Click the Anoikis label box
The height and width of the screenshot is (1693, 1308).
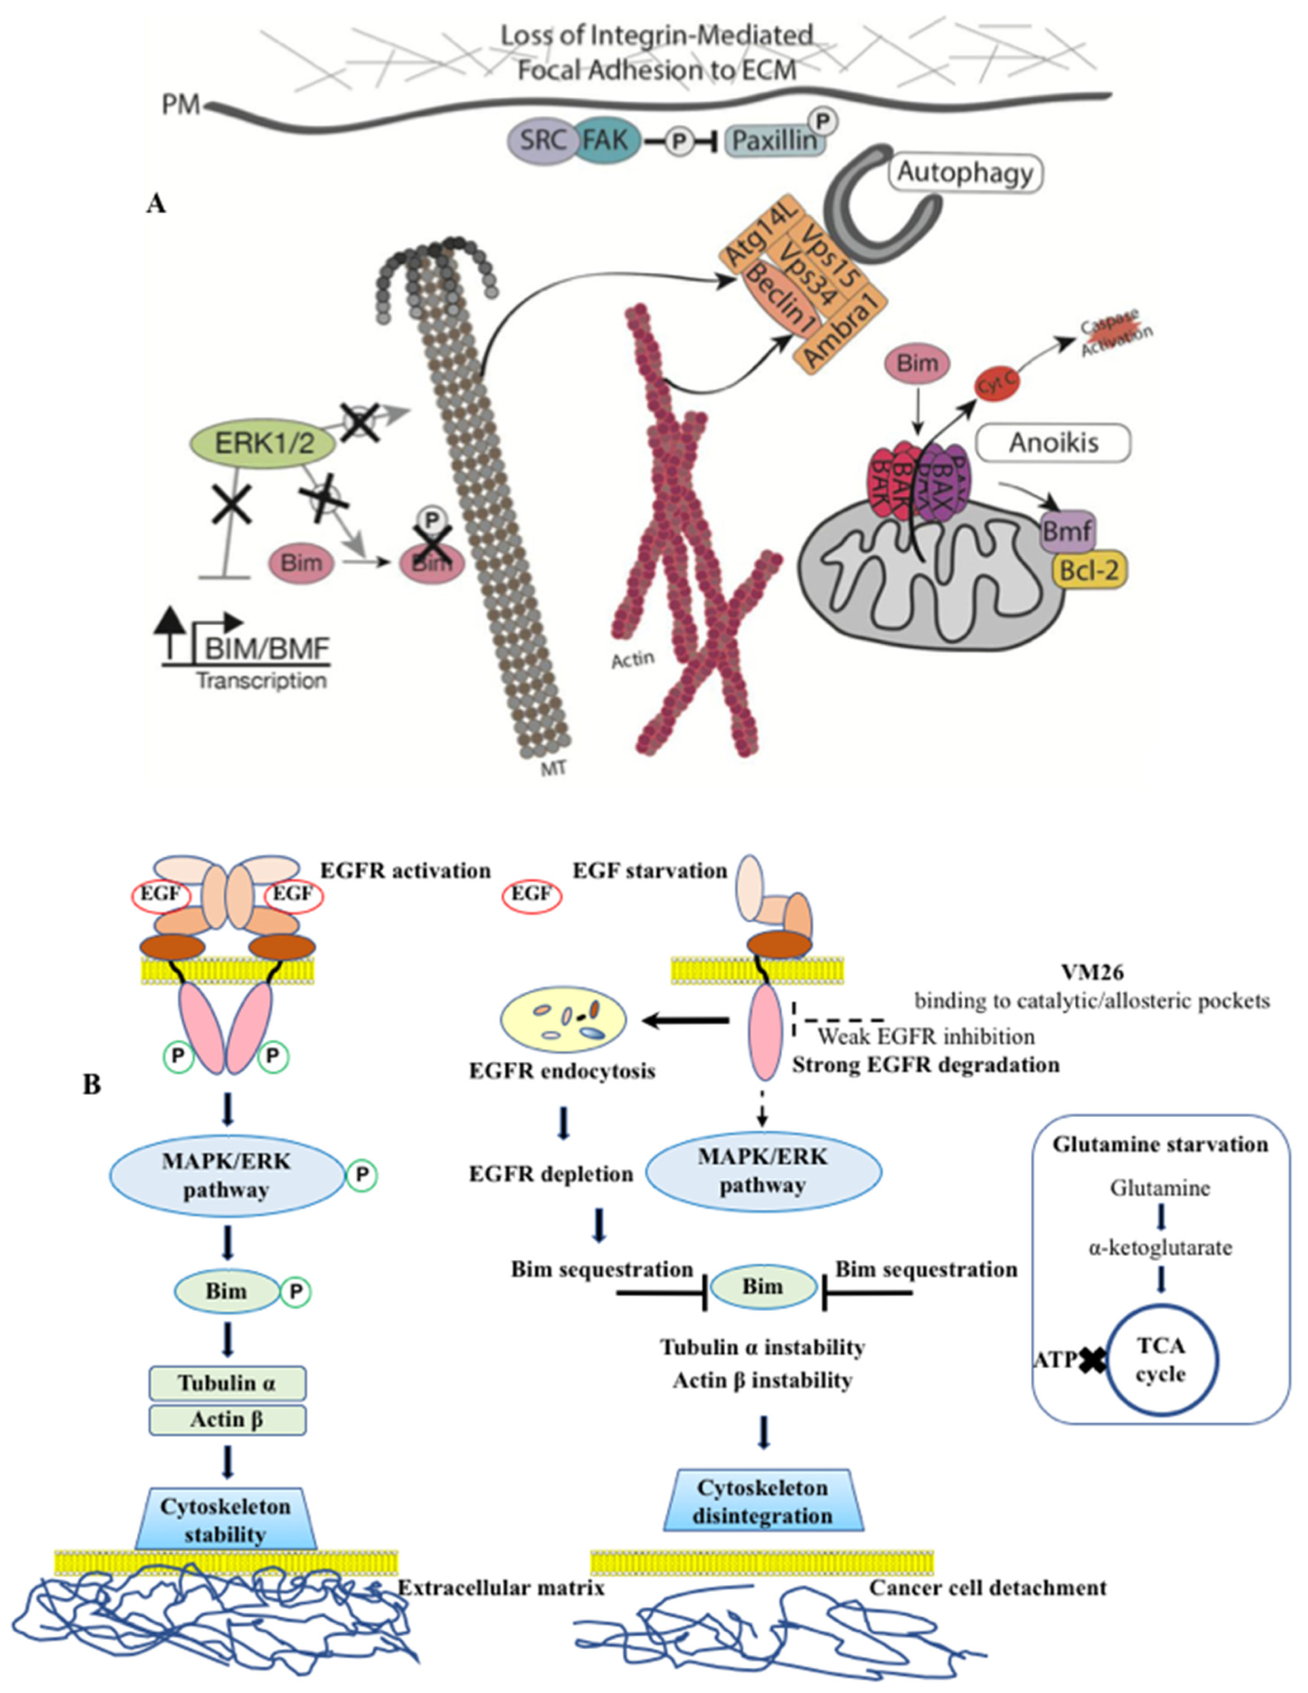point(1052,443)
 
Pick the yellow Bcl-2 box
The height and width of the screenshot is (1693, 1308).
point(1089,571)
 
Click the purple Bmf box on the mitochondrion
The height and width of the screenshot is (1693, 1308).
point(1067,532)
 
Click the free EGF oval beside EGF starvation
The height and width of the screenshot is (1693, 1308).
point(531,894)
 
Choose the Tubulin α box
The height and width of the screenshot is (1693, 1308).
point(227,1383)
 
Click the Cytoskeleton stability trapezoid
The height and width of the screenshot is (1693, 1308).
point(226,1520)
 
